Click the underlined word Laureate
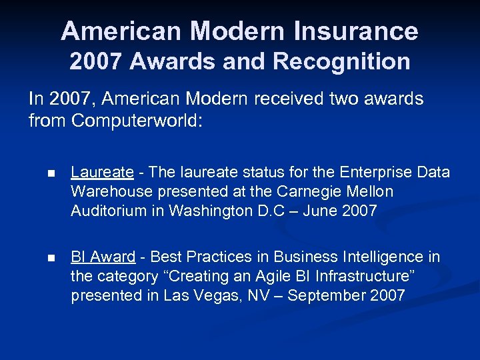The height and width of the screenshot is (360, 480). tap(102, 173)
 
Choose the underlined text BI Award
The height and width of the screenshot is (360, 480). tap(103, 257)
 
